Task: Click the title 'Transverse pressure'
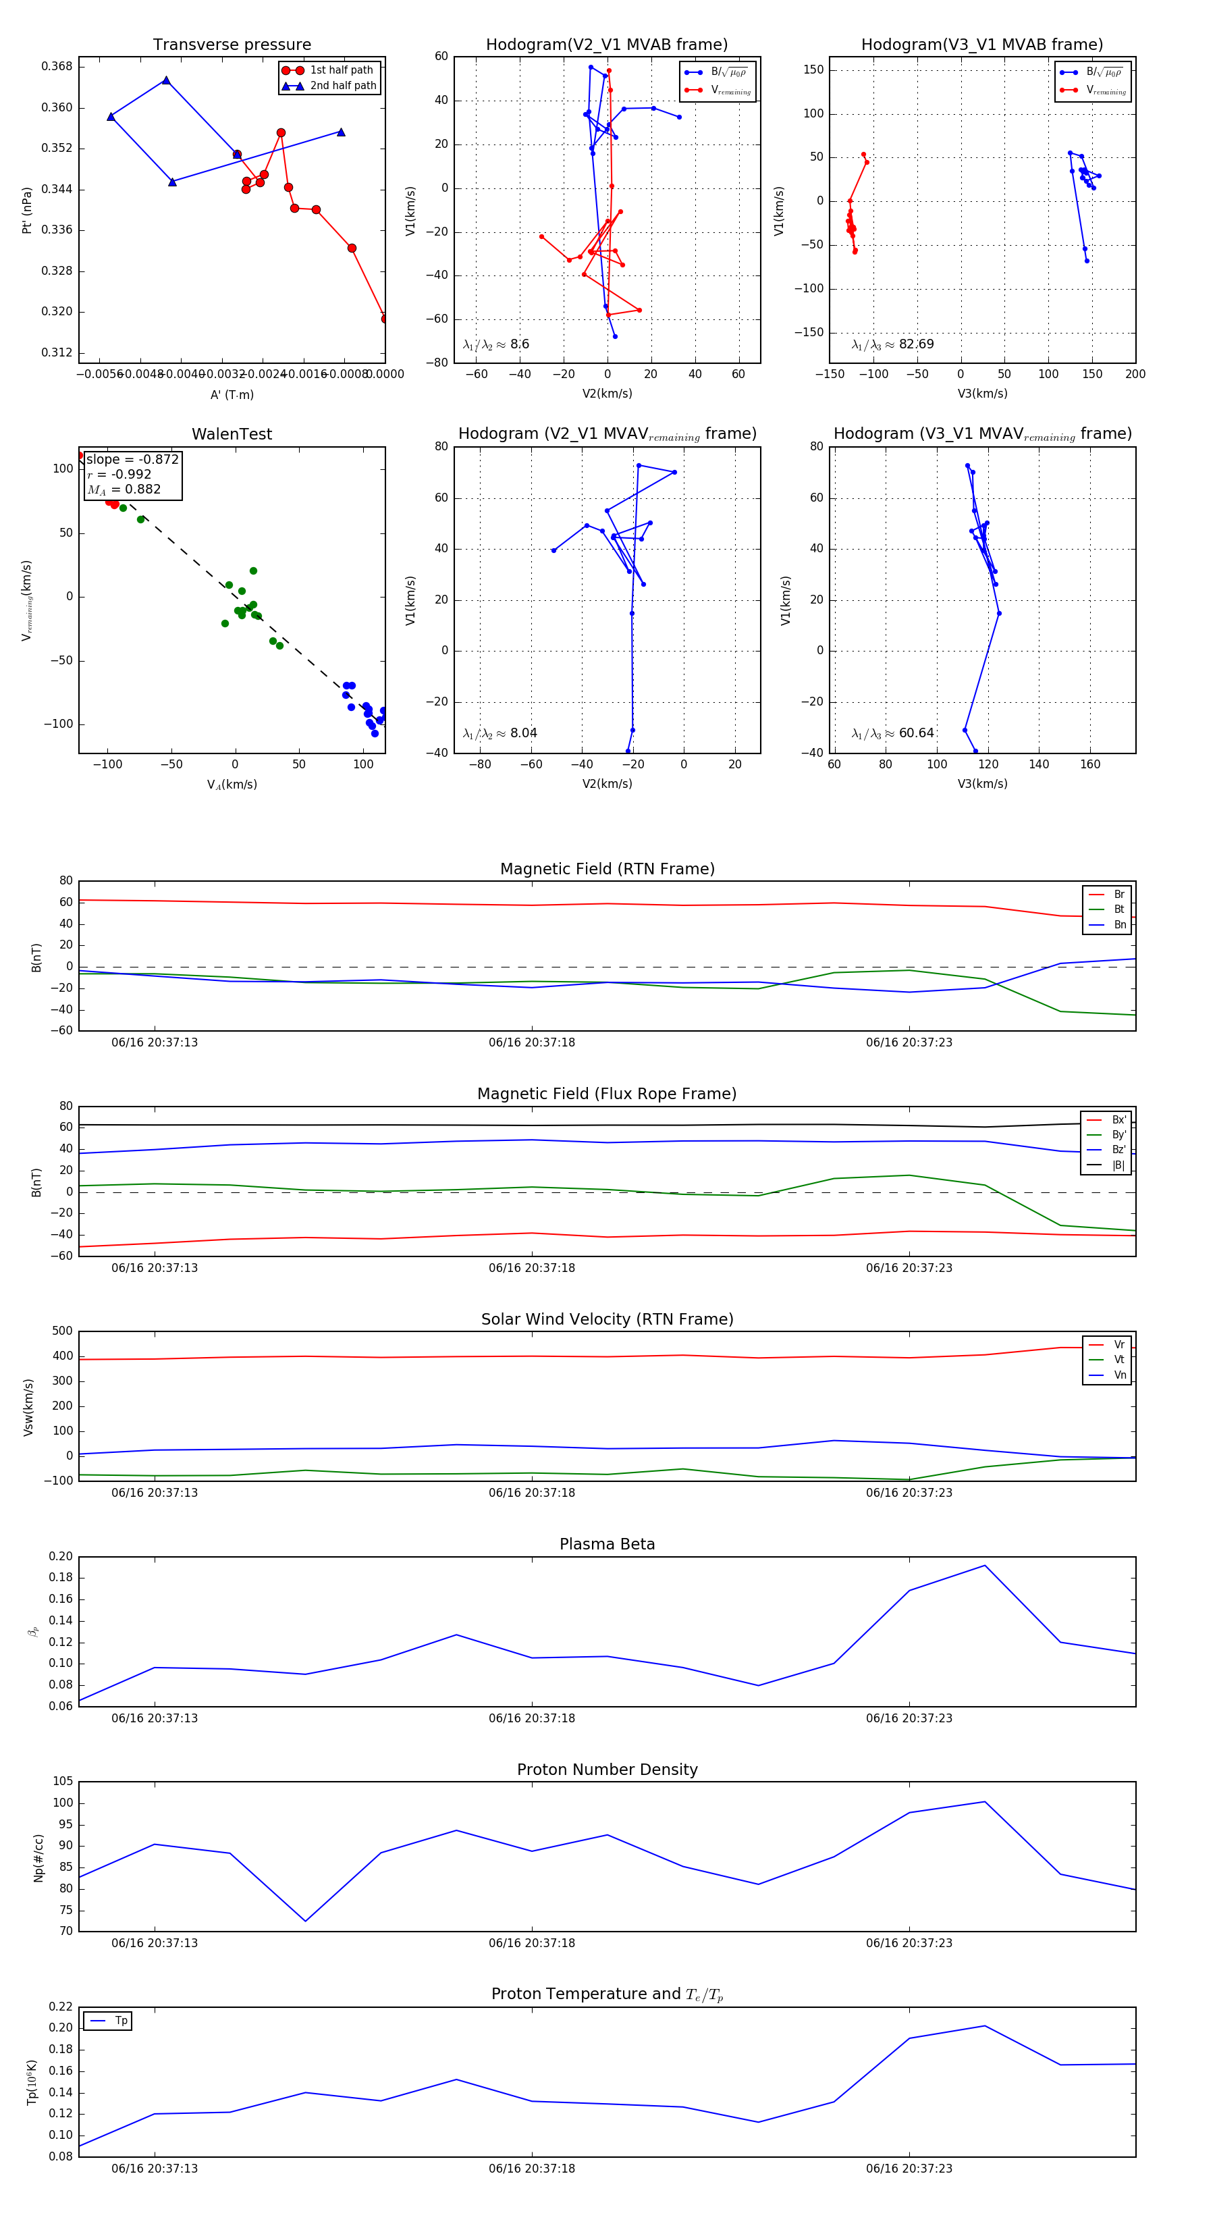coord(232,45)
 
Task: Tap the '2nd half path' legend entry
coord(342,86)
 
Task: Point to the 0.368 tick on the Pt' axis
coord(57,67)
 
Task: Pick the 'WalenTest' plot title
coord(232,434)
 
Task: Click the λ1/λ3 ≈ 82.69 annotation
coord(892,344)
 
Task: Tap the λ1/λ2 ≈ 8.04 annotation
coord(500,733)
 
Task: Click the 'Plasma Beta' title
coord(607,1544)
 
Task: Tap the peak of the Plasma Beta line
coord(984,1566)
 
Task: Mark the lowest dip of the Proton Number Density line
coord(305,1921)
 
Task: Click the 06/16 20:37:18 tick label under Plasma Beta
coord(531,1718)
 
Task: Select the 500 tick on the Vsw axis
coord(61,1331)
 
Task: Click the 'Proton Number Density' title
coord(607,1770)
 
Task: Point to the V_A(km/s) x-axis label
coord(232,785)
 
